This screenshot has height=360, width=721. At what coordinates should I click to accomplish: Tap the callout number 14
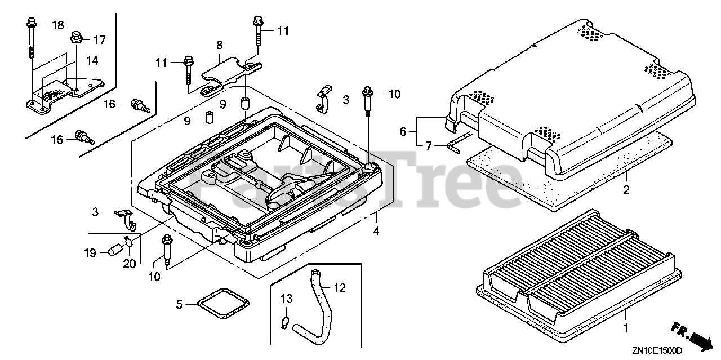[x=92, y=60]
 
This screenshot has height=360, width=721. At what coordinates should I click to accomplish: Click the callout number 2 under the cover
[x=626, y=190]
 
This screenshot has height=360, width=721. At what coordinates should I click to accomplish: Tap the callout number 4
[x=376, y=230]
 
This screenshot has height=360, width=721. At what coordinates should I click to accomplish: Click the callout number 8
[x=219, y=43]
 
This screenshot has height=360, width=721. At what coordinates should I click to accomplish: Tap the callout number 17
[x=99, y=40]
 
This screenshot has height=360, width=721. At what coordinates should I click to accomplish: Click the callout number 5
[x=179, y=304]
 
